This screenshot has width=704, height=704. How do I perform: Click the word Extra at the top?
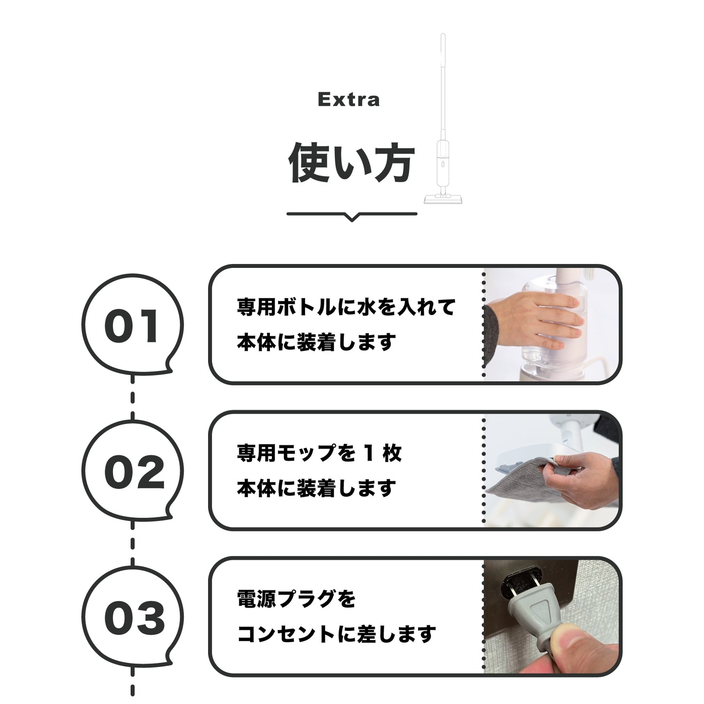[348, 99]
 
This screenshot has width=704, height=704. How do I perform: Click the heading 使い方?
[351, 163]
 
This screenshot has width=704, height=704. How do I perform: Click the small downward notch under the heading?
[352, 217]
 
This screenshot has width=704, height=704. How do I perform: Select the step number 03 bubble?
[132, 618]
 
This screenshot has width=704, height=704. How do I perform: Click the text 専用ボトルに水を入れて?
[346, 307]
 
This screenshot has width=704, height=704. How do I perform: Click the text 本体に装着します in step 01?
[316, 342]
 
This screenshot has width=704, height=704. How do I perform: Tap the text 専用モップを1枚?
[319, 454]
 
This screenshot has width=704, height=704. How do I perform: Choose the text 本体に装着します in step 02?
[316, 488]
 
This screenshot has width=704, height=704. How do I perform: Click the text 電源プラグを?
[296, 599]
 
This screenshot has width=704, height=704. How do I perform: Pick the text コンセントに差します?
[336, 634]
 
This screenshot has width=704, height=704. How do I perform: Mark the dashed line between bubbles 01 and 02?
[133, 397]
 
